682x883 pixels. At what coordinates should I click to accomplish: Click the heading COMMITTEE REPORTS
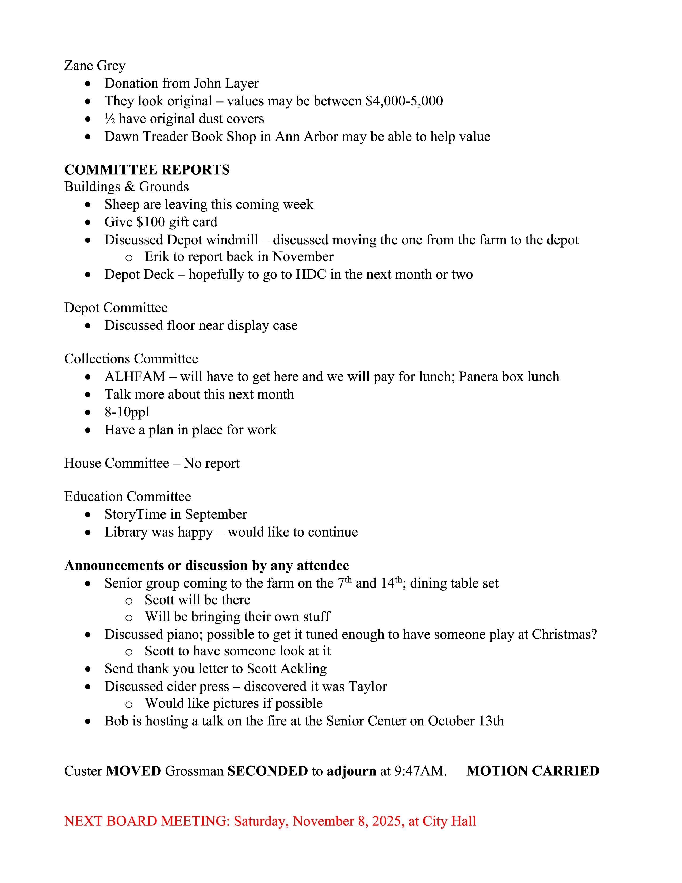point(147,169)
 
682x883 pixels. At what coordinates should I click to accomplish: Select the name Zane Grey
point(94,66)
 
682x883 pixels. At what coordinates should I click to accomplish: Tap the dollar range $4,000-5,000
point(404,101)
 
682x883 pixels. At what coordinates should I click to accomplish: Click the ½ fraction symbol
point(110,119)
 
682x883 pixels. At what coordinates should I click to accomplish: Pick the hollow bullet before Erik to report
point(129,257)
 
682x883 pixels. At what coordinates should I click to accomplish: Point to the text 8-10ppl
point(127,412)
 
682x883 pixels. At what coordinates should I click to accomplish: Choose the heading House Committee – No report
point(152,463)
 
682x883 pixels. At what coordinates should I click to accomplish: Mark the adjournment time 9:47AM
point(420,771)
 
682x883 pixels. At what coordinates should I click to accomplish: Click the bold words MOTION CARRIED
point(532,771)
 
